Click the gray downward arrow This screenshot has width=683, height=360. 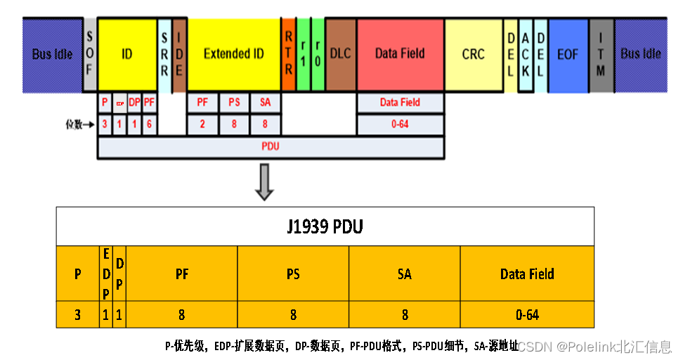264,181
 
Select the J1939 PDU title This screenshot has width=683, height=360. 325,226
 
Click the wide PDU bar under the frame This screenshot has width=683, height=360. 271,148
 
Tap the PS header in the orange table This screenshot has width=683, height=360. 293,274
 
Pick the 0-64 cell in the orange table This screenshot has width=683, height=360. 527,315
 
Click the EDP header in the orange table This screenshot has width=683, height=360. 105,274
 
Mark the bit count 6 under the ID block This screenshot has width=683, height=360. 149,123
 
